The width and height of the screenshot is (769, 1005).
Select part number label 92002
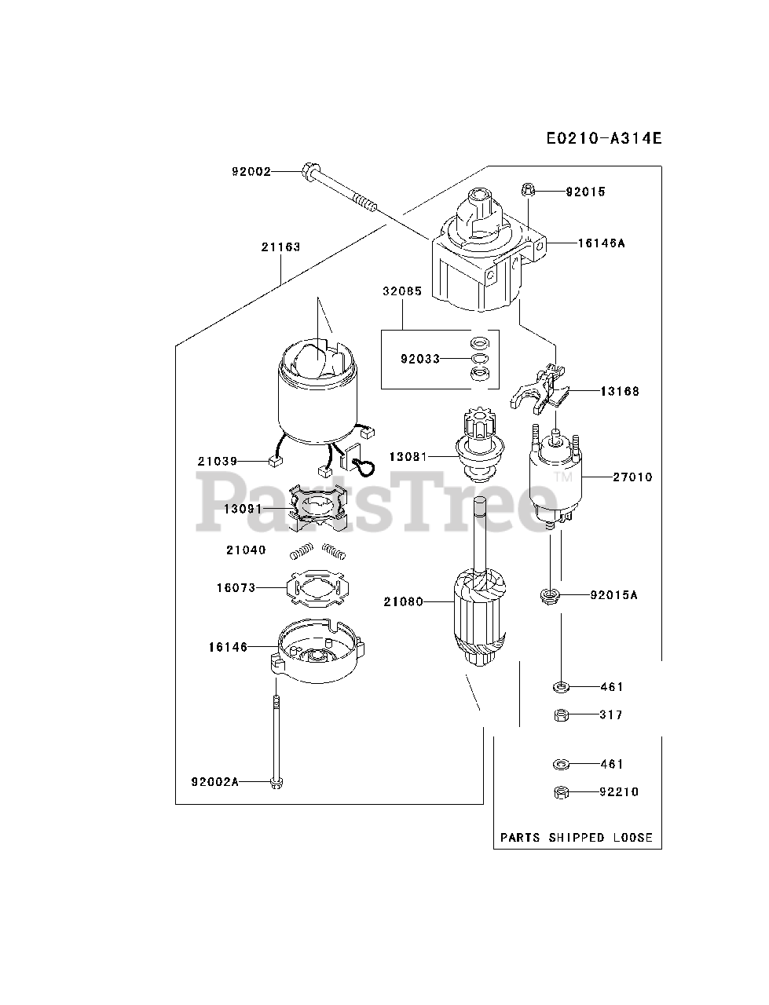coord(251,170)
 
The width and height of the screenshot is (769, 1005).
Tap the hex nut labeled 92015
coord(529,189)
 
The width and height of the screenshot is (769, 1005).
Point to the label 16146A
coord(601,243)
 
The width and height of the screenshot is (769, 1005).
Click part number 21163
coord(280,247)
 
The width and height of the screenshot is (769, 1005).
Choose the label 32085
coord(402,291)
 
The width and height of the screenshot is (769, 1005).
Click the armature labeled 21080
coord(478,620)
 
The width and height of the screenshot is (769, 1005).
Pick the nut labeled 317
coord(560,714)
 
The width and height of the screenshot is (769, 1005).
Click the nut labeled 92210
coord(560,791)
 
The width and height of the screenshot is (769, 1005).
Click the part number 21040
coord(246,550)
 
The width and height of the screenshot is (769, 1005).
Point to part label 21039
coord(217,461)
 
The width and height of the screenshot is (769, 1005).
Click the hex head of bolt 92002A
coord(276,783)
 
